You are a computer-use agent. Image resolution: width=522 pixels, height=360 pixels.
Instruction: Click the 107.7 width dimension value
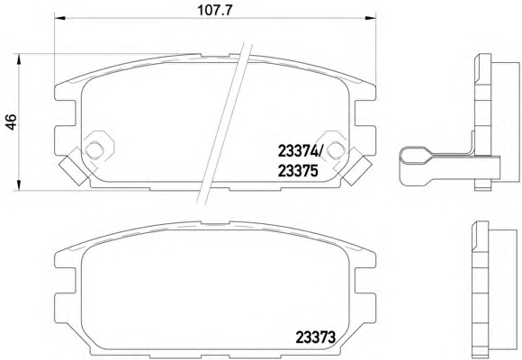(214, 10)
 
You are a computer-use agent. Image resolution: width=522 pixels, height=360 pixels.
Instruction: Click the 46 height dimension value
(11, 121)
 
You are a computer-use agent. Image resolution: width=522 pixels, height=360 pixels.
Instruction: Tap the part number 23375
(298, 171)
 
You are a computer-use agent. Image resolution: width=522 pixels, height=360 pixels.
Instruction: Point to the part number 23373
(316, 337)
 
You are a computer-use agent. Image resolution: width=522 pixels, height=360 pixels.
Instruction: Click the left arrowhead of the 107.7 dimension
(59, 18)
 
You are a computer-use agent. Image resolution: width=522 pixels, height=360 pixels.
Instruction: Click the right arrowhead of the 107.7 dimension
(371, 18)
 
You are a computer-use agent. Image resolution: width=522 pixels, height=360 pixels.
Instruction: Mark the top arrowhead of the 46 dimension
(19, 58)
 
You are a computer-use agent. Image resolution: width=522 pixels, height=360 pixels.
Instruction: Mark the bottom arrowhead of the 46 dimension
(19, 185)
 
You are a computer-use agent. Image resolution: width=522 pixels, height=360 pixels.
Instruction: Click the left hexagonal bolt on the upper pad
(94, 150)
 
